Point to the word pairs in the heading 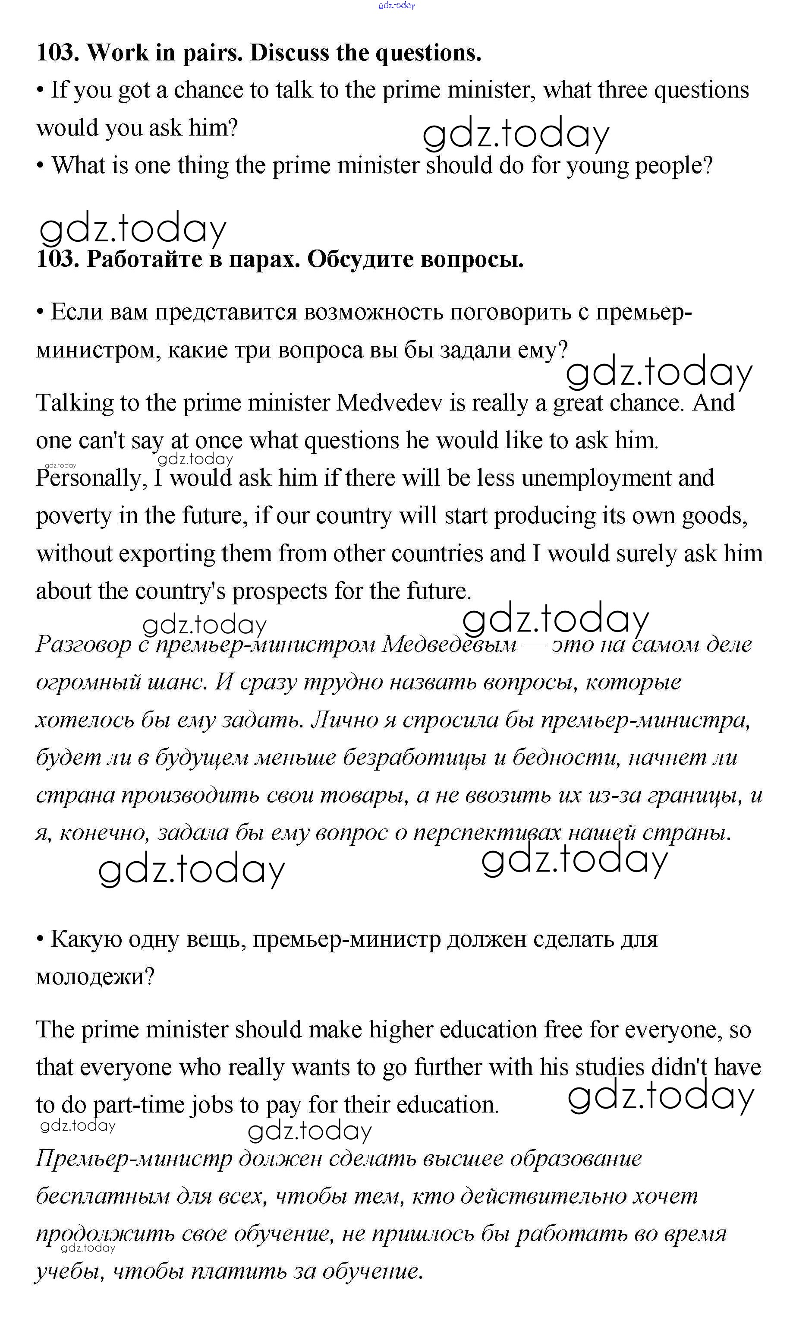211,53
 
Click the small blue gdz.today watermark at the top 396,5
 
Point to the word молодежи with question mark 94,977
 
